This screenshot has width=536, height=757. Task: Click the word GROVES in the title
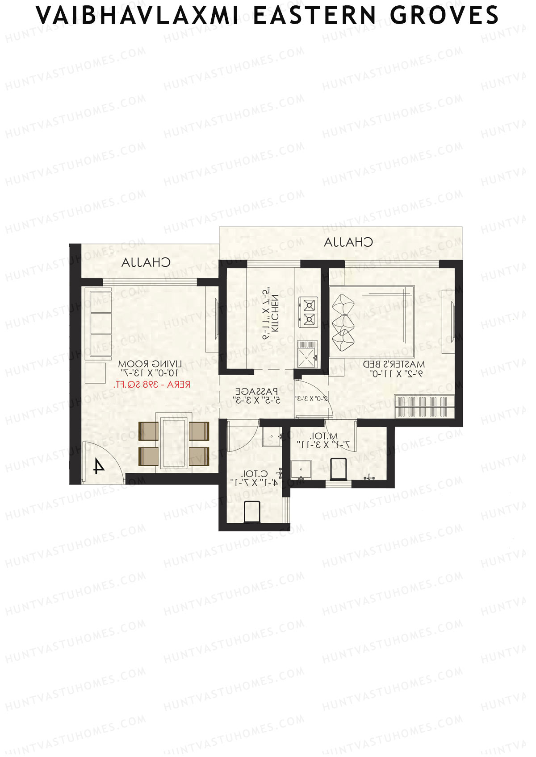pyautogui.click(x=444, y=16)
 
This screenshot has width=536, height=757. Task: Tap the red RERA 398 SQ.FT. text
pyautogui.click(x=152, y=385)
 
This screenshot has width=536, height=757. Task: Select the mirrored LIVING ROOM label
pyautogui.click(x=150, y=364)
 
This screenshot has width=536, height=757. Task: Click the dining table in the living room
pyautogui.click(x=174, y=442)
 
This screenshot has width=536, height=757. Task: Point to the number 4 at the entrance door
pyautogui.click(x=98, y=467)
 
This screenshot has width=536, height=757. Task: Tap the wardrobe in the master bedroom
pyautogui.click(x=424, y=406)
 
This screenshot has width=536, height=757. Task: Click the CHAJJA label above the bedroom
pyautogui.click(x=348, y=242)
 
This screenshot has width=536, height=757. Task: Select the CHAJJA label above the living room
pyautogui.click(x=146, y=262)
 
